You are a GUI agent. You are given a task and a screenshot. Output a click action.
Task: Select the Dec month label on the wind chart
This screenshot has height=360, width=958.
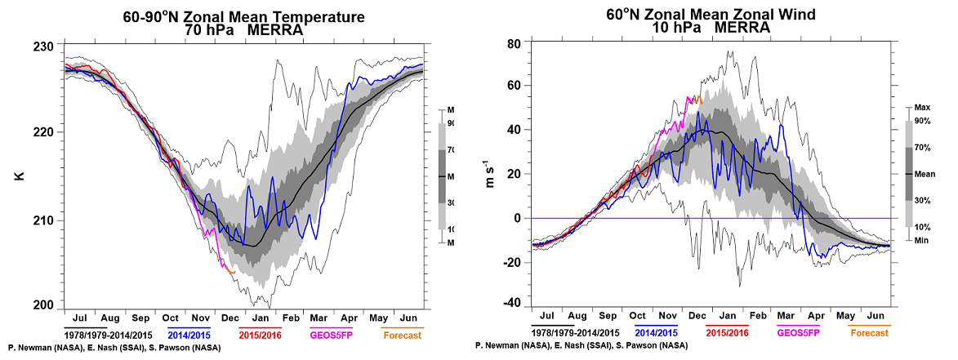point(700,315)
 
